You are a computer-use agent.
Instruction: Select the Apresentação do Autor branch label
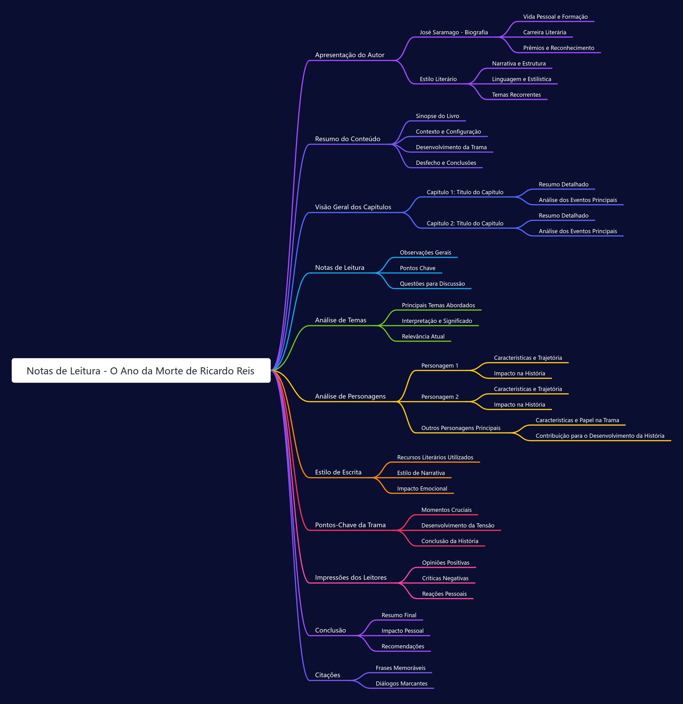[x=349, y=55]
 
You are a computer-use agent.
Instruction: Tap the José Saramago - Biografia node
[x=454, y=32]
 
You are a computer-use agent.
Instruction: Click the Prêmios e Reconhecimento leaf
[x=559, y=48]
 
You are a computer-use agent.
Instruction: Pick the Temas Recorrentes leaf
[x=516, y=95]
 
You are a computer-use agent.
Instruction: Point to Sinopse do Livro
[x=437, y=116]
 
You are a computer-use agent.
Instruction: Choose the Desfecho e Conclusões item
[x=446, y=163]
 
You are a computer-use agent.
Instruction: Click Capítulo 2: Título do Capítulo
[x=465, y=223]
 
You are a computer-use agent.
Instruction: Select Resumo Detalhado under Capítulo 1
[x=563, y=185]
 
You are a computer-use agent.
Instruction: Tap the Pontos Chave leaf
[x=418, y=268]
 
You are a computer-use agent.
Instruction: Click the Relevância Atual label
[x=423, y=337]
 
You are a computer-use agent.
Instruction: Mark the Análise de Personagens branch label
[x=350, y=396]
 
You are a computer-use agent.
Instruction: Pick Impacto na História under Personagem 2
[x=519, y=405]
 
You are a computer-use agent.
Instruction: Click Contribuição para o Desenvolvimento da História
[x=600, y=436]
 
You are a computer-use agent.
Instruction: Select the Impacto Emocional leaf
[x=422, y=488]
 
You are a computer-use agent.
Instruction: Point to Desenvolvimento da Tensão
[x=457, y=525]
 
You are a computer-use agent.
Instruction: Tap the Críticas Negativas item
[x=445, y=578]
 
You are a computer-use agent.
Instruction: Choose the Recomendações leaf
[x=403, y=647]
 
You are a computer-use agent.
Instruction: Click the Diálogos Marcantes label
[x=402, y=683]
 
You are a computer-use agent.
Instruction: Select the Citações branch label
[x=327, y=675]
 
